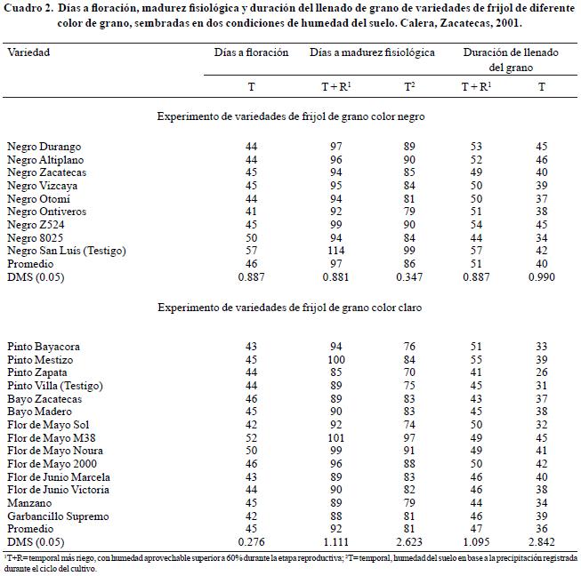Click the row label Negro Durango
pyautogui.click(x=44, y=146)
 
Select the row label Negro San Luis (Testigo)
pyautogui.click(x=66, y=251)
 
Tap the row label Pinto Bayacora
pyautogui.click(x=44, y=346)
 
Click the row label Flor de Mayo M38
pyautogui.click(x=52, y=438)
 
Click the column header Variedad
pyautogui.click(x=28, y=52)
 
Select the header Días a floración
pyautogui.click(x=252, y=52)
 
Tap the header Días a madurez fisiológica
pyautogui.click(x=372, y=52)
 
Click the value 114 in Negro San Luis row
pyautogui.click(x=335, y=251)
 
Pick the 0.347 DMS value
pyautogui.click(x=410, y=278)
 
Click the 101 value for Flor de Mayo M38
pyautogui.click(x=335, y=438)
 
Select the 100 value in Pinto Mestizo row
pyautogui.click(x=335, y=359)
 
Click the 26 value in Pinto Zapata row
pyautogui.click(x=542, y=372)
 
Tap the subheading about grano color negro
pyautogui.click(x=291, y=116)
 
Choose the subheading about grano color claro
pyautogui.click(x=291, y=307)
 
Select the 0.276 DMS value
pyautogui.click(x=252, y=541)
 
